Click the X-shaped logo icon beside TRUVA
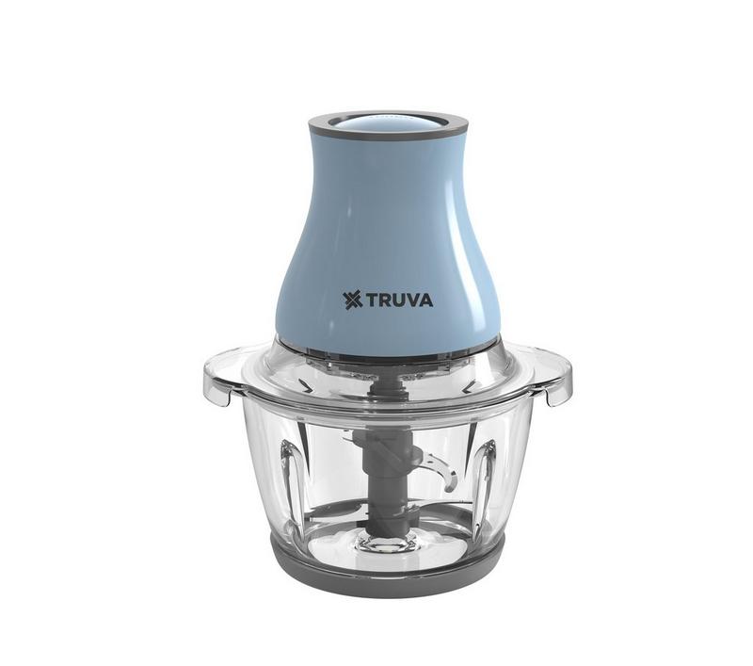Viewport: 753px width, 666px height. pos(353,301)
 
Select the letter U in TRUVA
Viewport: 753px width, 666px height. pos(399,301)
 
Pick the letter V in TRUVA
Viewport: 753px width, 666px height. pos(413,301)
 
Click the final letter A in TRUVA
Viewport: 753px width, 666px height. pos(426,301)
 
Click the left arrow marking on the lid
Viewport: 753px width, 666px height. pos(304,384)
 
